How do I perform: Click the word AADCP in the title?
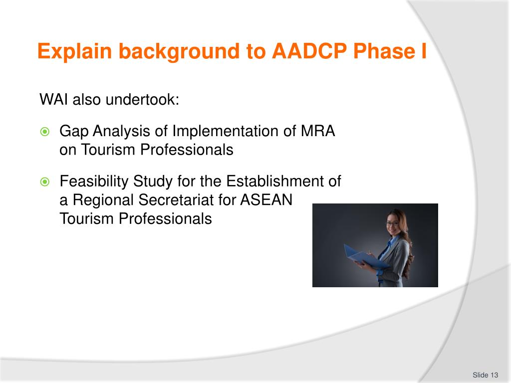point(309,51)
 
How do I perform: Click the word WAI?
point(54,99)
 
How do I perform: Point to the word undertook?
point(142,99)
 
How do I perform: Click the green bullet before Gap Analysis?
point(44,132)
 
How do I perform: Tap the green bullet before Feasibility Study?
point(44,182)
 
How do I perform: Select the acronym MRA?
point(318,131)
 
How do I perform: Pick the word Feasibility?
point(94,182)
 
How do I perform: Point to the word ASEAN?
point(266,200)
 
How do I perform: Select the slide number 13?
point(494,375)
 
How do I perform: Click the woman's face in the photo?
point(393,224)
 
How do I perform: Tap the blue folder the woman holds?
point(364,258)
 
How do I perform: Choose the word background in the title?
point(179,52)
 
